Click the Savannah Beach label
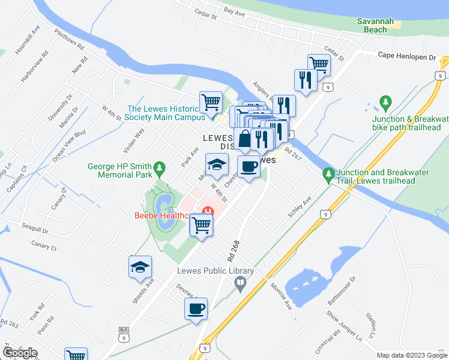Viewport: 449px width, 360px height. point(375,25)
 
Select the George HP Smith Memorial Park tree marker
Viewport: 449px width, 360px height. point(159,167)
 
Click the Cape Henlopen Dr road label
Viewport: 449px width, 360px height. point(406,56)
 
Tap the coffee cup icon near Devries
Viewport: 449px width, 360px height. point(196,310)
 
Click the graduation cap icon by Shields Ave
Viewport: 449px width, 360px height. point(140,267)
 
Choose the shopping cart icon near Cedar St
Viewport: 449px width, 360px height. point(319,64)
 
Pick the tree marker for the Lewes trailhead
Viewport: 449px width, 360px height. point(328,175)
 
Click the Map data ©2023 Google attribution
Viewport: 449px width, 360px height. point(412,355)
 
